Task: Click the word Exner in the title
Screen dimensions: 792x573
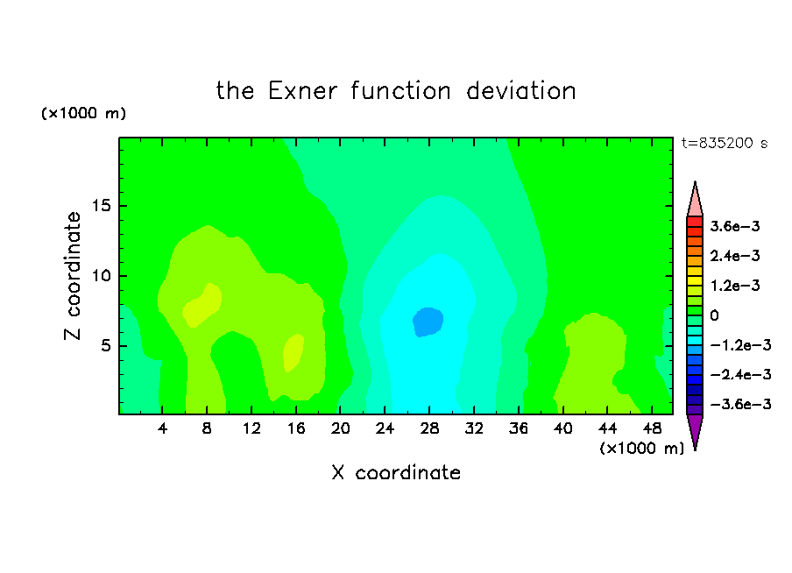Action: coord(302,91)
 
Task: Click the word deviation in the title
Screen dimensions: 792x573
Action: coord(521,91)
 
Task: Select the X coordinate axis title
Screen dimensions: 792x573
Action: coord(397,472)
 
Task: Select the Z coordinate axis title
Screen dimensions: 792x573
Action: coord(73,276)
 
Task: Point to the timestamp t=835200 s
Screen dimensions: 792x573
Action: coord(725,144)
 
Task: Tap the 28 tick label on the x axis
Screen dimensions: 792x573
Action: coord(429,429)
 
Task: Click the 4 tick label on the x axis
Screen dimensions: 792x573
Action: coord(162,429)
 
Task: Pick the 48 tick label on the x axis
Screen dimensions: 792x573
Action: coord(652,429)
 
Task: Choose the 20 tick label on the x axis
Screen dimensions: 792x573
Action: coord(341,429)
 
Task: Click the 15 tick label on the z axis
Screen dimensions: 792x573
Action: coord(102,206)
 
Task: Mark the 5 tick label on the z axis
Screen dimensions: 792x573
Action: coord(106,345)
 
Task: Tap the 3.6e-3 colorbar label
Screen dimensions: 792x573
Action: coord(735,226)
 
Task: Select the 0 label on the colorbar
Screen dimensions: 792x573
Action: coord(714,315)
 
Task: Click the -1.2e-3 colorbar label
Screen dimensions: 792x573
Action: coord(740,345)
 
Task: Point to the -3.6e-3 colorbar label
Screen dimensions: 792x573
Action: coord(740,404)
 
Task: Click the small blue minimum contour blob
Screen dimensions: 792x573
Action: coord(428,322)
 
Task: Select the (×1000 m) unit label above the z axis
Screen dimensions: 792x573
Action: coord(83,113)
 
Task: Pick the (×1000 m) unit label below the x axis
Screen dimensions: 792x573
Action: coord(642,449)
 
